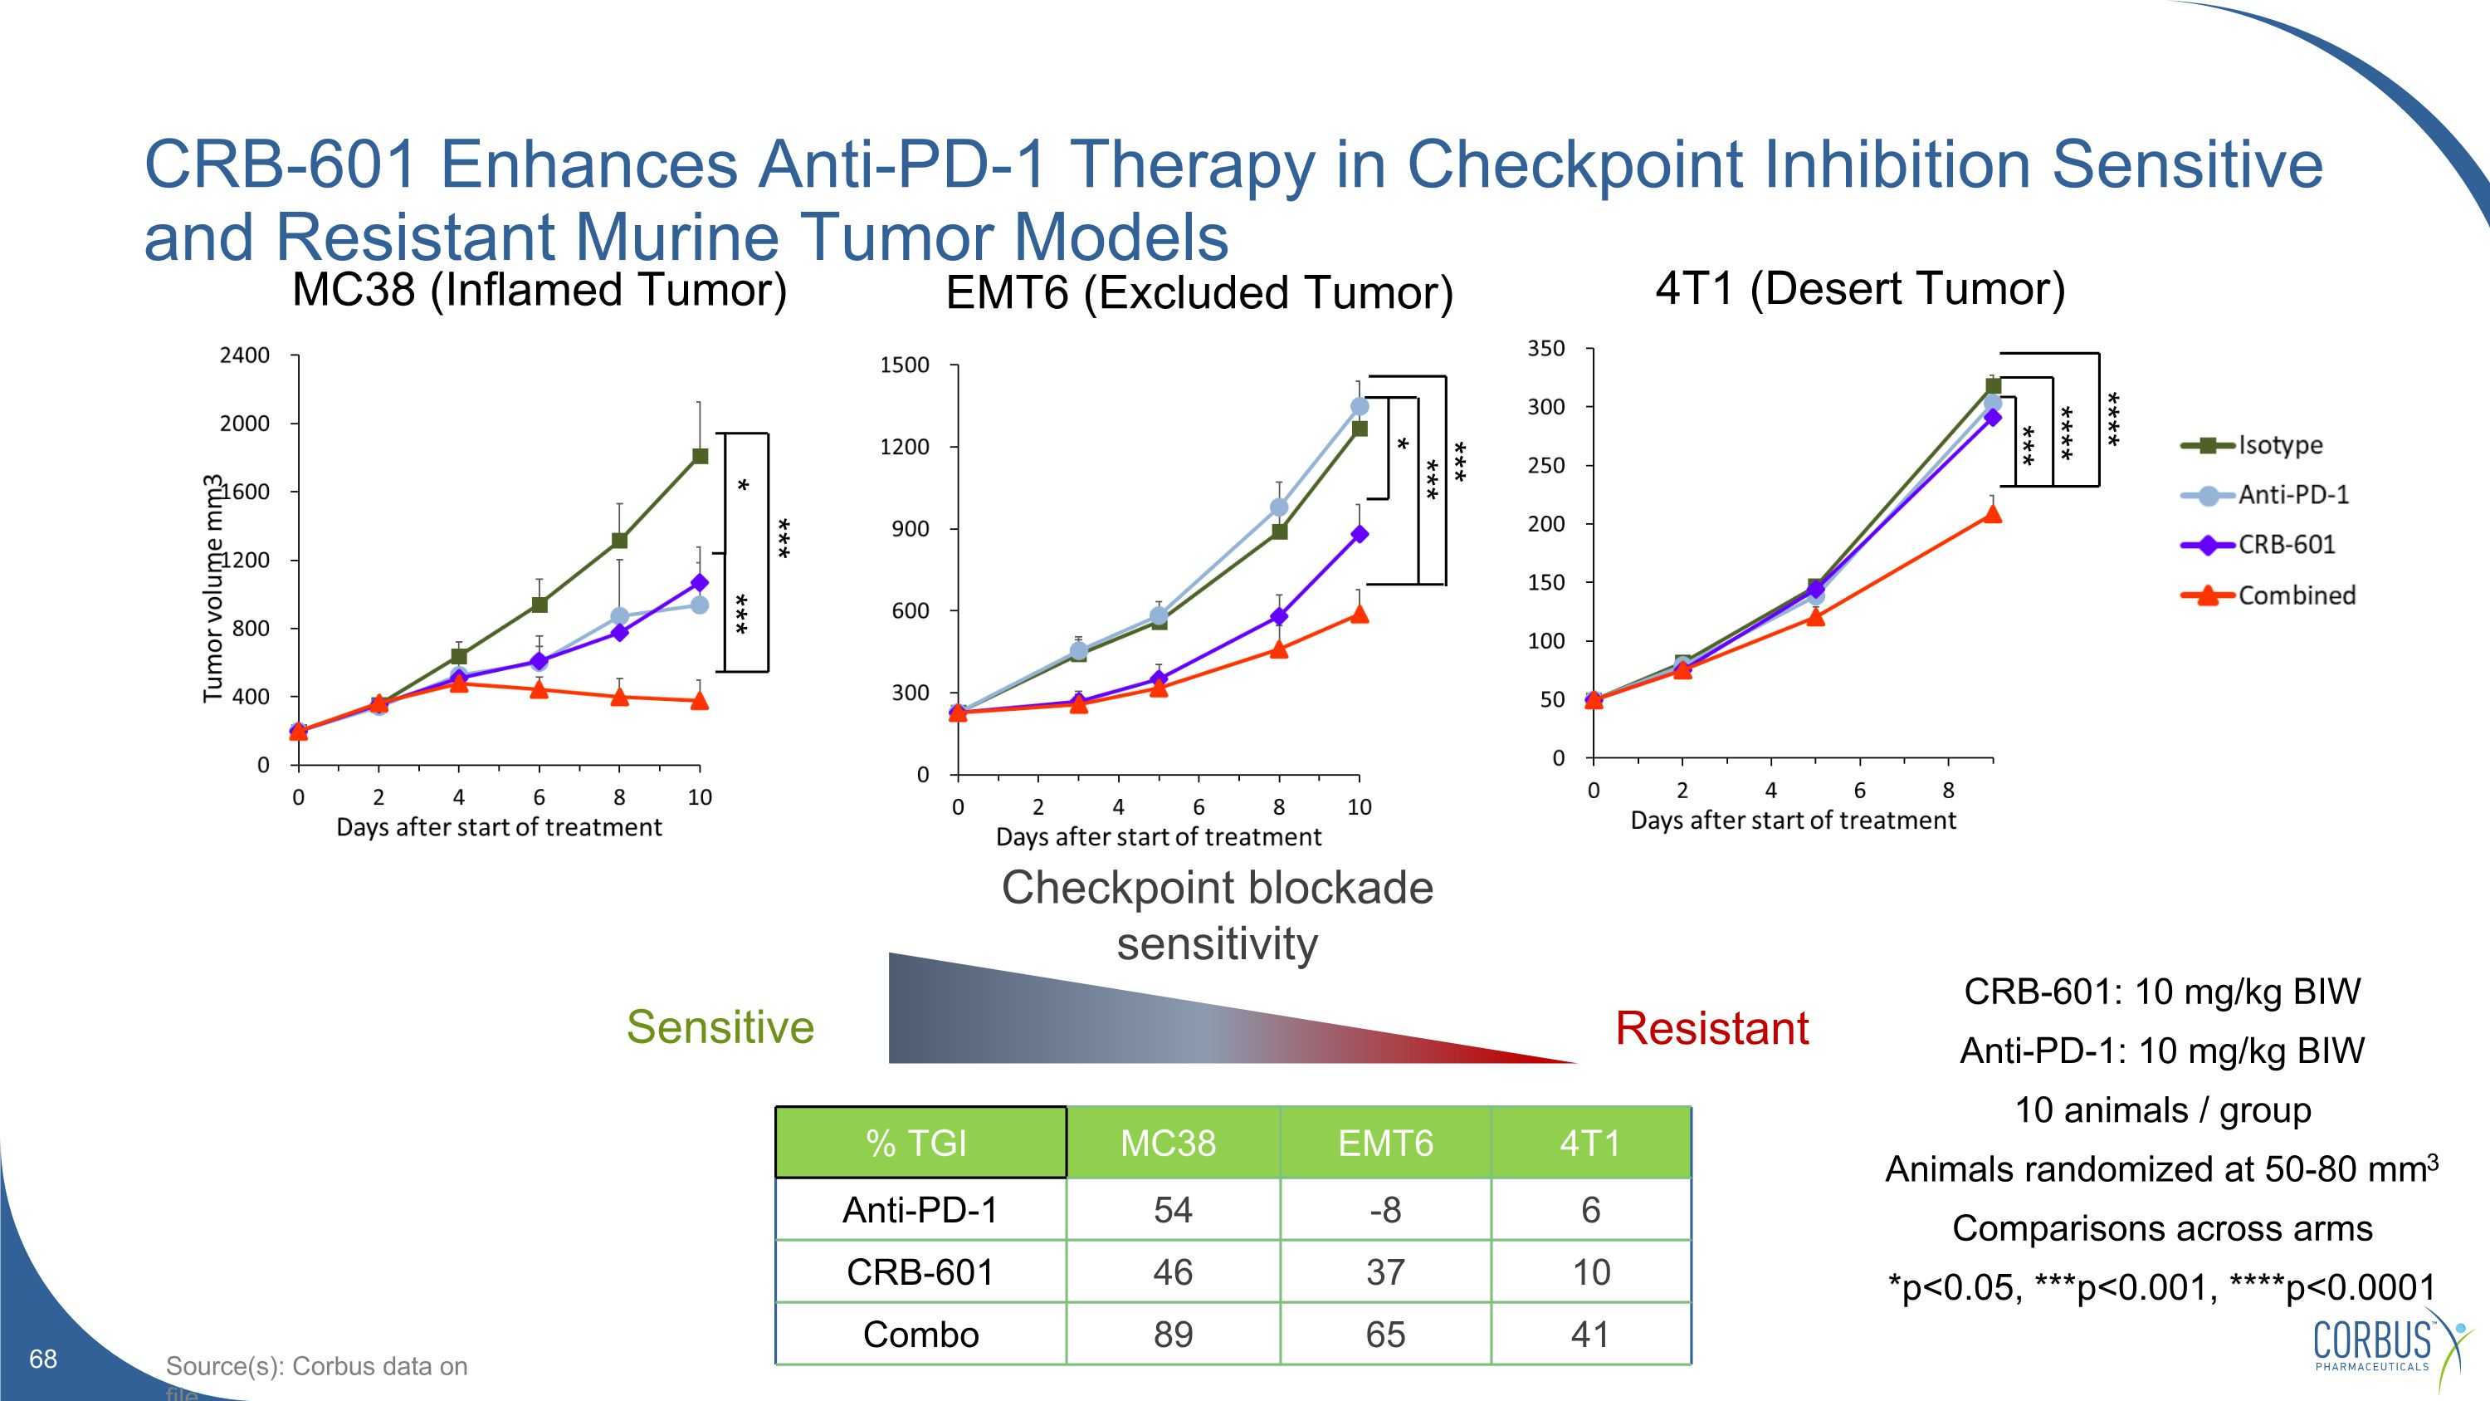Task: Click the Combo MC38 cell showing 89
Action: (x=1173, y=1335)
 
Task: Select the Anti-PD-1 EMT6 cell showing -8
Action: (x=1385, y=1209)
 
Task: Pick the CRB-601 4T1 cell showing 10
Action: (x=1591, y=1272)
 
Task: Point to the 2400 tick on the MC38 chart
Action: (x=245, y=355)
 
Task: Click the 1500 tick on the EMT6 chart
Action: (x=904, y=365)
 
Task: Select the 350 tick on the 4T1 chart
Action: (x=1545, y=348)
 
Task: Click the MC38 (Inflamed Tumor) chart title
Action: (x=539, y=289)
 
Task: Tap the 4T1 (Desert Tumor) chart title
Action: (x=1860, y=287)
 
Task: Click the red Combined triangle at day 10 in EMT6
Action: (x=1359, y=614)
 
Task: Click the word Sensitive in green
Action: (x=720, y=1026)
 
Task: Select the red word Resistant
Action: (x=1711, y=1028)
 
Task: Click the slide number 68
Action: (x=43, y=1359)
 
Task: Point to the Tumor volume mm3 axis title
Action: (x=212, y=587)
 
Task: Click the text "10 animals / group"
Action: (x=2162, y=1110)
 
